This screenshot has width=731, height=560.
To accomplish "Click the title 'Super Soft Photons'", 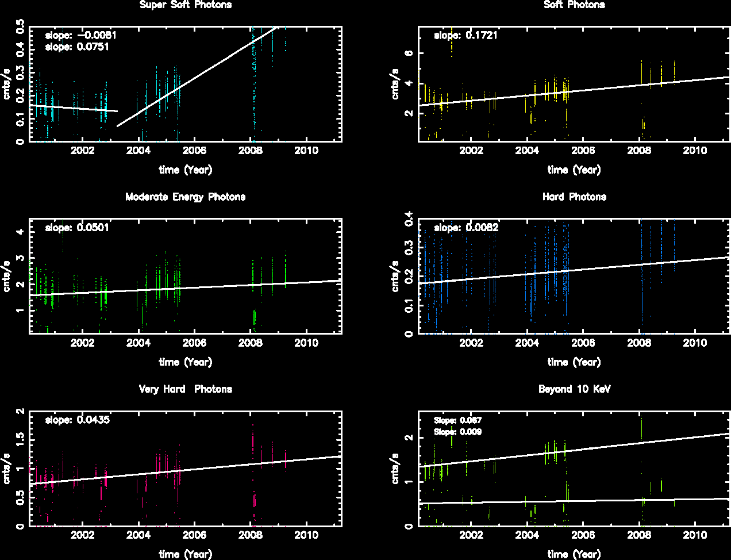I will click(x=186, y=5).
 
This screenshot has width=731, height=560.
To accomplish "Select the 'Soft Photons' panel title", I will click(x=574, y=5).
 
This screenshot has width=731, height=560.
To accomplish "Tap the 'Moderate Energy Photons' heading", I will click(x=186, y=197).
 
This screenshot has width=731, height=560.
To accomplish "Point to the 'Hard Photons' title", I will click(x=574, y=197).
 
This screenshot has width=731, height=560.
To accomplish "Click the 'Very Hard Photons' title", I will click(x=186, y=389).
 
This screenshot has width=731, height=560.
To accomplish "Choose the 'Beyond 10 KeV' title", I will click(x=574, y=389).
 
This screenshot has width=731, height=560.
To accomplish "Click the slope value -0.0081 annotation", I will click(x=81, y=35).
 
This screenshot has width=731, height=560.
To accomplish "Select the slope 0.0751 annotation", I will click(x=77, y=47).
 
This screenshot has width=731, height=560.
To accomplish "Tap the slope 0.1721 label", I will click(x=466, y=35).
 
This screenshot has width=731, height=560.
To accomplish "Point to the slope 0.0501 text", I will click(x=77, y=227).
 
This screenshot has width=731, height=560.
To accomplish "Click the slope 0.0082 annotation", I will click(x=466, y=227).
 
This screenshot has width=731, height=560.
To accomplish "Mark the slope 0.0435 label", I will click(x=77, y=420).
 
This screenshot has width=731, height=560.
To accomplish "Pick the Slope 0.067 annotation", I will click(x=457, y=420).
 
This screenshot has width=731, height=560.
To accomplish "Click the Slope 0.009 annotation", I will click(x=457, y=432).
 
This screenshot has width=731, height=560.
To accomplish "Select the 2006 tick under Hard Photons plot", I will click(x=583, y=343).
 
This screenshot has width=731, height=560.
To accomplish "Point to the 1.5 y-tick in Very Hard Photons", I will click(x=21, y=440).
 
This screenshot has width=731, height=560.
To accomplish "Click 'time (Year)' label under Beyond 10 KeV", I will click(x=574, y=554).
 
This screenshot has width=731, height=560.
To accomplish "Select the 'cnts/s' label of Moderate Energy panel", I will click(x=7, y=277).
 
